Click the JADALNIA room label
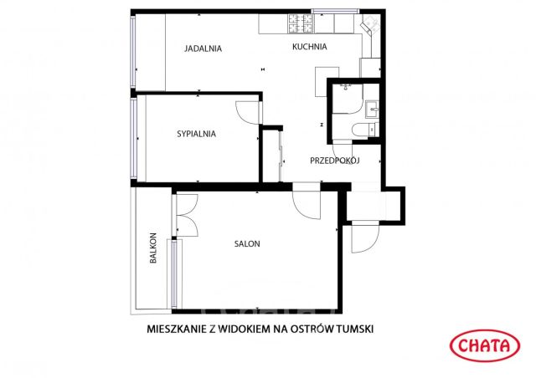(x=203, y=49)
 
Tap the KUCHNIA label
(x=309, y=47)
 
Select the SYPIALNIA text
(x=197, y=133)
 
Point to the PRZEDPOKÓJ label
(x=334, y=161)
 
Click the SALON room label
(x=247, y=244)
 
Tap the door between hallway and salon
(x=306, y=206)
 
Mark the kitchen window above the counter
(x=336, y=13)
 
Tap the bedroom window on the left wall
(x=133, y=138)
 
